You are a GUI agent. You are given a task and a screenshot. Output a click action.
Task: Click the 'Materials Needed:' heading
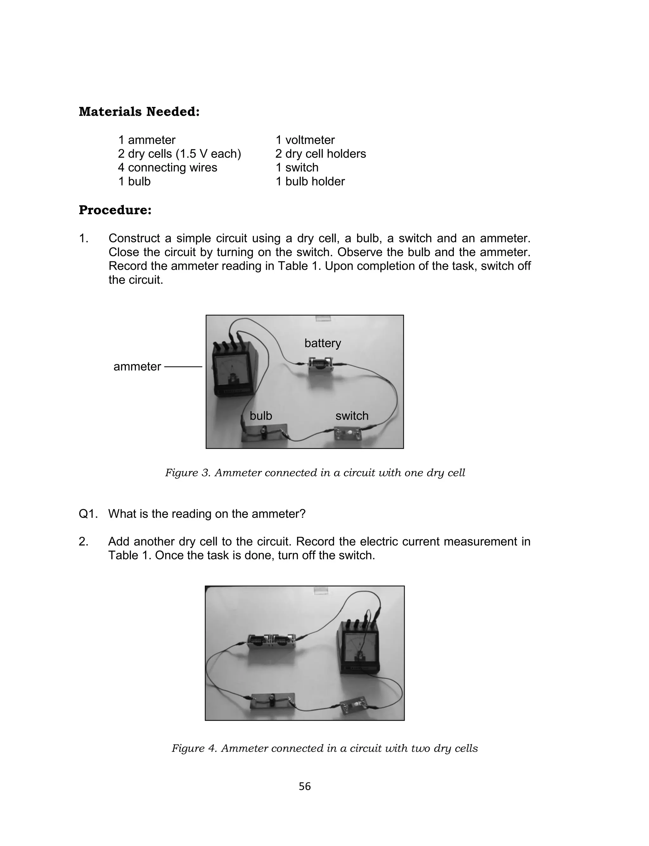[139, 112]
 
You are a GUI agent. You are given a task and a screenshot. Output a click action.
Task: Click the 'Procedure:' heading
[115, 210]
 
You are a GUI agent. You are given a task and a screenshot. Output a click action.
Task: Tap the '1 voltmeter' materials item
[305, 140]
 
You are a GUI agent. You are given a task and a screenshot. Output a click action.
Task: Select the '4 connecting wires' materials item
[167, 168]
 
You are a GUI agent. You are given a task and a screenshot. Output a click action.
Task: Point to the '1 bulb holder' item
[310, 182]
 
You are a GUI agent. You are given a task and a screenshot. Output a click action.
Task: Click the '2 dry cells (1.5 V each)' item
[179, 154]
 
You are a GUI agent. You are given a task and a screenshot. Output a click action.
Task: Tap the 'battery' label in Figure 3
[323, 343]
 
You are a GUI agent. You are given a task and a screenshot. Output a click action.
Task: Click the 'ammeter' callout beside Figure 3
[137, 367]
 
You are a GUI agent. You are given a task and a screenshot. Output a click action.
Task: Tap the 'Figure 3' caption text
[315, 473]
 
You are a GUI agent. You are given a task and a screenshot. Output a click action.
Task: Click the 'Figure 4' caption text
[324, 748]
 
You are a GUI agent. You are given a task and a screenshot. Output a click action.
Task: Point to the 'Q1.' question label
[88, 514]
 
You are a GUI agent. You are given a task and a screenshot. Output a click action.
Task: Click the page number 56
[305, 786]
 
